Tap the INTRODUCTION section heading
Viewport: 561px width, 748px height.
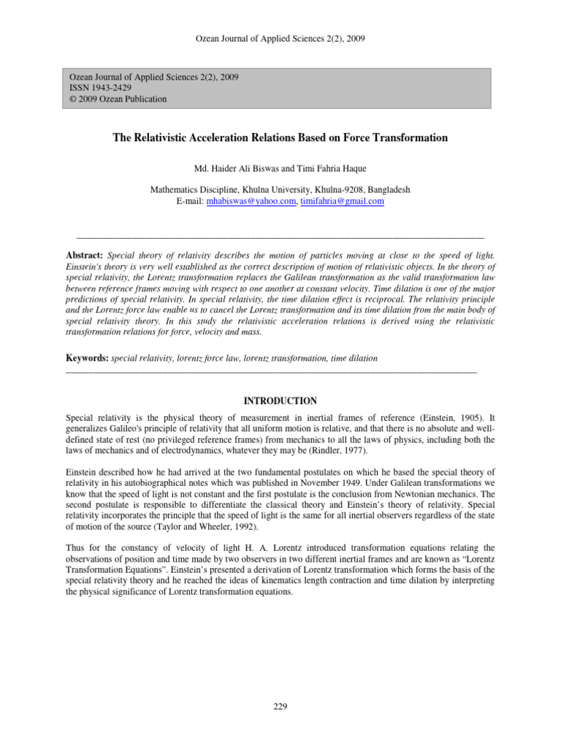tap(280, 401)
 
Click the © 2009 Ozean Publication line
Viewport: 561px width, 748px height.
tap(118, 99)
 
